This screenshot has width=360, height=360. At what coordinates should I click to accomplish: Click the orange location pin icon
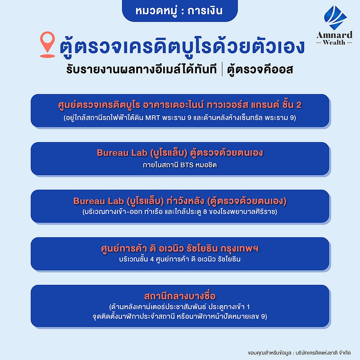pos(47,44)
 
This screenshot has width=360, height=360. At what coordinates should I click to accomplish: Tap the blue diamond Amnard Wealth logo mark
pos(335,18)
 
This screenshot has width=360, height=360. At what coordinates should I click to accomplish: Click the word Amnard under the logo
pos(334,35)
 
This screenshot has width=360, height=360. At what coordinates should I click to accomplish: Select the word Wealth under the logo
pos(334,43)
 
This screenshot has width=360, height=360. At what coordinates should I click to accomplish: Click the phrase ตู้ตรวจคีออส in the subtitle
pos(260,69)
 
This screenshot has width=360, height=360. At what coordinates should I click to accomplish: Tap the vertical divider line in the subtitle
pos(222,69)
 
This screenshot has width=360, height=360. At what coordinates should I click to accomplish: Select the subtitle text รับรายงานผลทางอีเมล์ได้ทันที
pos(141,69)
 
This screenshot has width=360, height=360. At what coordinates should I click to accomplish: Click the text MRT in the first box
pos(153,118)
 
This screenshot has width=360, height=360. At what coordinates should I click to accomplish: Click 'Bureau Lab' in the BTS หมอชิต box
pos(122,153)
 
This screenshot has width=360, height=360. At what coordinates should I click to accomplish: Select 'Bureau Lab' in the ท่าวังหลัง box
pos(98,201)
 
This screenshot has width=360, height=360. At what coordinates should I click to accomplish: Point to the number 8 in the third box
pos(205,212)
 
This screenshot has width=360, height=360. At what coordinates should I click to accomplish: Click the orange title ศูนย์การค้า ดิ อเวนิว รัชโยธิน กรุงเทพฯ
pos(180,249)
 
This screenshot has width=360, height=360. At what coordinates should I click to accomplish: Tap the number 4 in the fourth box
pos(152,259)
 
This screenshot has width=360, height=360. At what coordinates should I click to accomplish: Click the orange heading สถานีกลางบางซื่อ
pos(180,296)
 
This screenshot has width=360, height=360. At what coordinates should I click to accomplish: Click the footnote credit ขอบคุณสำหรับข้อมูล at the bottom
pos(270,353)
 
